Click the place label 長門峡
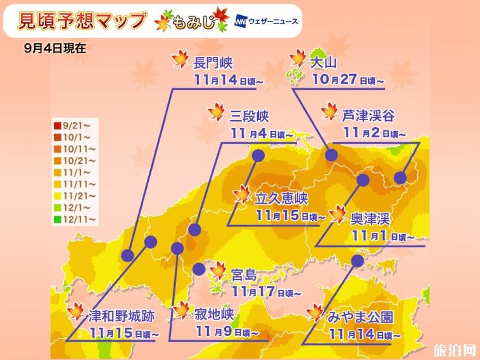pyautogui.click(x=213, y=63)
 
